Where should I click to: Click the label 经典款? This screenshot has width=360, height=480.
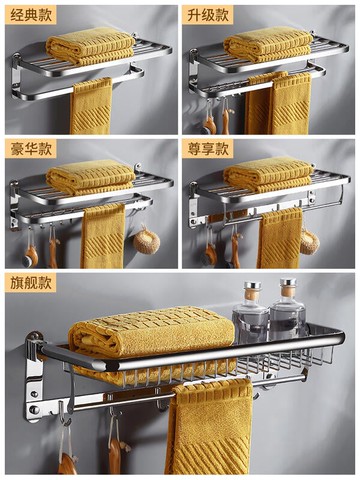pos(31,16)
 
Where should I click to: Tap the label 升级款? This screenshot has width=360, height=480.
pos(208,16)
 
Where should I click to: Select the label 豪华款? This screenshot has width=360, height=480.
pos(31,149)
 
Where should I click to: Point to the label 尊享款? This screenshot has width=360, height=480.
pos(208,149)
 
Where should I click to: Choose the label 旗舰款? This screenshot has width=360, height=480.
pos(31,283)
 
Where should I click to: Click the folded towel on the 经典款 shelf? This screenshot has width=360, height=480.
pos(90,46)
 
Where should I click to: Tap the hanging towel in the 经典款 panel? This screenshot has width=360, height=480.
pos(91,106)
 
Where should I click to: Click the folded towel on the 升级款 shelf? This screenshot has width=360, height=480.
pos(268,45)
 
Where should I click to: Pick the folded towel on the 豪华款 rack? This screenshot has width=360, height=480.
pos(91,177)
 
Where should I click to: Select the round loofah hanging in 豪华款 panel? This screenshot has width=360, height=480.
pos(147,239)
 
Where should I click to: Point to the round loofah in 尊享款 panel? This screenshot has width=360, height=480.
pos(309,241)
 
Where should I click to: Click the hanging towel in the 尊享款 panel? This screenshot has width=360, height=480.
pos(280,238)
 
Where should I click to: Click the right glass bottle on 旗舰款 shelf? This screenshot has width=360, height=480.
pos(288,308)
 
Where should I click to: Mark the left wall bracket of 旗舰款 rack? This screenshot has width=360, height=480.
pos(34,377)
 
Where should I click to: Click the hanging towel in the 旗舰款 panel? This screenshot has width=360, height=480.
pos(209,427)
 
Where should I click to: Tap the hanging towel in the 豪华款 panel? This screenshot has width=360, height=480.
pos(103,236)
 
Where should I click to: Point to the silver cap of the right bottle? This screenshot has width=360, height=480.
pos(288,282)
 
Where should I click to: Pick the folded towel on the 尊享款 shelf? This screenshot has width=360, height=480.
pos(268,175)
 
